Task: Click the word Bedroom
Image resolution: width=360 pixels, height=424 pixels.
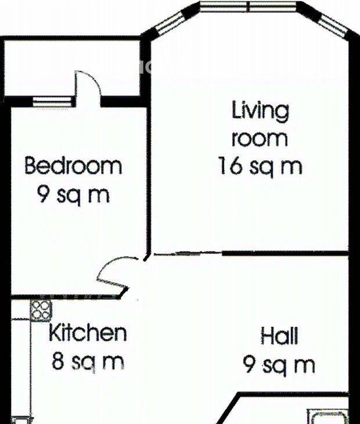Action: (73, 166)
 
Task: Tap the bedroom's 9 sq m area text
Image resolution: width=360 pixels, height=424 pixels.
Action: (73, 195)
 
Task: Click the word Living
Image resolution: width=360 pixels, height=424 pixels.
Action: (261, 111)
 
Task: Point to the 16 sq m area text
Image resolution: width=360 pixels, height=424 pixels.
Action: (260, 166)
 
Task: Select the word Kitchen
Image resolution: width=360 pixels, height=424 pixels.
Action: (88, 333)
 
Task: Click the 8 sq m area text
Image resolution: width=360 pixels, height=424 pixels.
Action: (88, 362)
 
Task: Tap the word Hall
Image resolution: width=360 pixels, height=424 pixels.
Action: (279, 336)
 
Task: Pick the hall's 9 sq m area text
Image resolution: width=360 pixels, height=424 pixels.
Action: (279, 365)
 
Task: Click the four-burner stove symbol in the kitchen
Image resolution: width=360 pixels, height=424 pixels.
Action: (41, 310)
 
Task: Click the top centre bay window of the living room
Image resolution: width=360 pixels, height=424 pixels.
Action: (249, 6)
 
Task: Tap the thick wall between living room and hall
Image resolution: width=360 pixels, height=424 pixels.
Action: (285, 253)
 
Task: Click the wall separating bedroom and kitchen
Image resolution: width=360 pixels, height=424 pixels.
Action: (65, 297)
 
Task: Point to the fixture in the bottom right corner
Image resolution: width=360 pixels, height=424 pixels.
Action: (327, 416)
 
